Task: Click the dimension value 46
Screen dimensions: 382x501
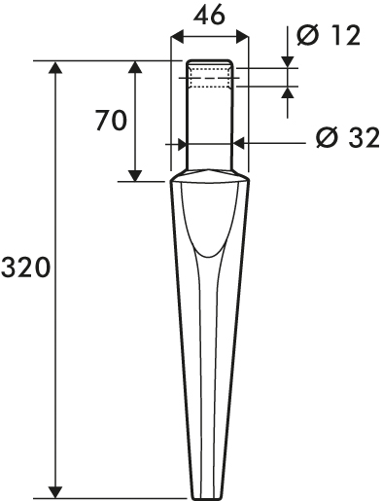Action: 209,16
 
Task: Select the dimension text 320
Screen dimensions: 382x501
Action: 25,268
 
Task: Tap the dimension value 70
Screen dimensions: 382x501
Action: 111,120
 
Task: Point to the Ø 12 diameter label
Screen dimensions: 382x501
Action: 329,35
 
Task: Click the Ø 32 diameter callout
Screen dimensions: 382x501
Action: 348,137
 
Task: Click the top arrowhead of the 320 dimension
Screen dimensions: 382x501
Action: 56,67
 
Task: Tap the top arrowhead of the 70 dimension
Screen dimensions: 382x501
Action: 134,67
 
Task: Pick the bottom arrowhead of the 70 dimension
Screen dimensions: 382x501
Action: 134,175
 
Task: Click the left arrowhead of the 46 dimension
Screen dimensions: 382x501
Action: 177,37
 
